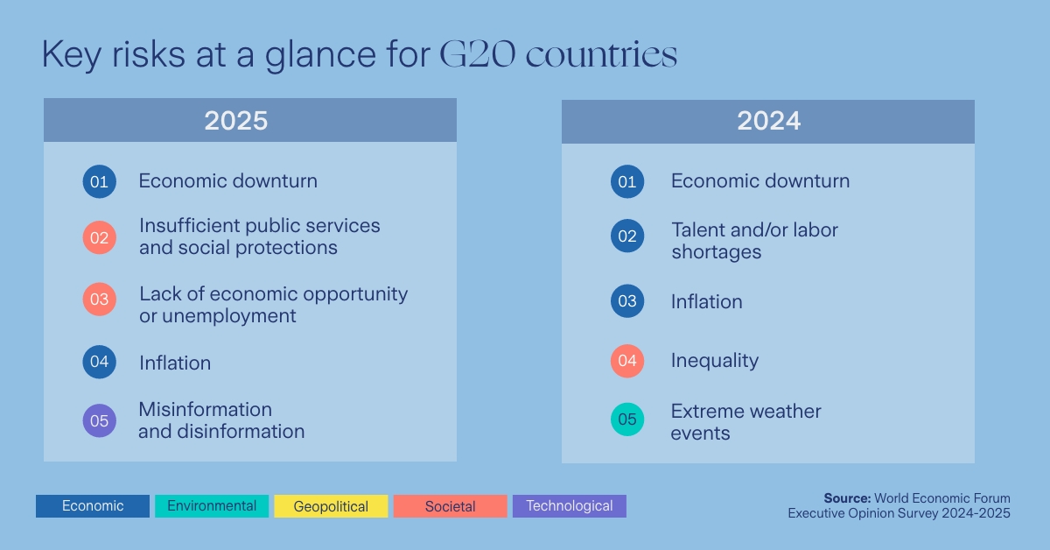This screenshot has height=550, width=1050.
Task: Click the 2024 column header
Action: coord(767,121)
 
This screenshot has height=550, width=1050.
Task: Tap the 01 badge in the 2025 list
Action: coord(99,181)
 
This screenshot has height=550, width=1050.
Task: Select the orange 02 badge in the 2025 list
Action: coord(99,237)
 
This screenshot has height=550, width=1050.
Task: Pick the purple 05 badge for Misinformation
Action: coord(99,420)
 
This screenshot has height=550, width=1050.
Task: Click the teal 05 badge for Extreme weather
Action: coord(626,420)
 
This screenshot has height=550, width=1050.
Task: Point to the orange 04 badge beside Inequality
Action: coord(626,361)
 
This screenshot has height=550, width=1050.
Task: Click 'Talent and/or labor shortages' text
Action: coord(753,241)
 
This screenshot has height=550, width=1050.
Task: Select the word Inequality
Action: coord(714,361)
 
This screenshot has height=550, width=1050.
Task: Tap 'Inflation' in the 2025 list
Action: coord(175,363)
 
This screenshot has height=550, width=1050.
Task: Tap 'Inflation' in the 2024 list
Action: coord(706,302)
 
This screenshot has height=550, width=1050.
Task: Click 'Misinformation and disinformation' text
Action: coord(221,420)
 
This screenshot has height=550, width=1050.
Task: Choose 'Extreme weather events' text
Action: coord(745,422)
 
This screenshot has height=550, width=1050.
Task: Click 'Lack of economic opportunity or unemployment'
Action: coord(273,305)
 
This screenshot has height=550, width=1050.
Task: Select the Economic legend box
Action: coord(93,506)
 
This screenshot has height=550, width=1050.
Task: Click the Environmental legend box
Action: coord(212,506)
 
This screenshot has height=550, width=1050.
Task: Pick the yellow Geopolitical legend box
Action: coord(331,506)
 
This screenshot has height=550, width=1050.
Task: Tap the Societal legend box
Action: coord(450,506)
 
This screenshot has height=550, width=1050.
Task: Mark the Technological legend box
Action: coord(569,506)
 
